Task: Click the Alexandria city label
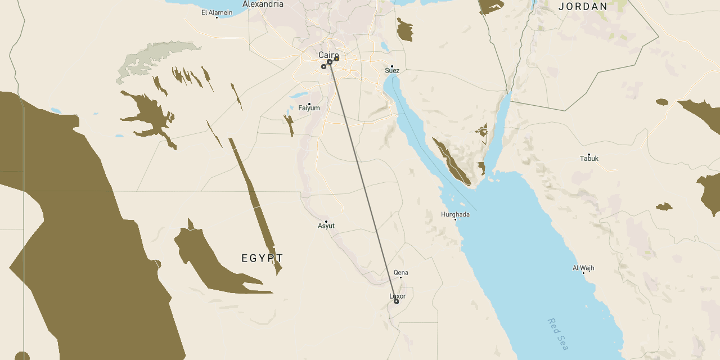pos(263,4)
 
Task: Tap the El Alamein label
pos(217,12)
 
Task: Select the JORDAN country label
pos(583,7)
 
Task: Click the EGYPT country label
pos(262,258)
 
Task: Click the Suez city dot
pos(392,66)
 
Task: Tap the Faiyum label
pos(309,108)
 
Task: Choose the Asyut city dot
pos(326,222)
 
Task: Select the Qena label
pos(401,273)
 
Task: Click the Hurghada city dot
pos(455,219)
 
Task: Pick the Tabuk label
pos(589,159)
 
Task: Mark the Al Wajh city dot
pos(583,273)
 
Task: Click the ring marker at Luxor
pos(397,301)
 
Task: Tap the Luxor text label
pos(397,296)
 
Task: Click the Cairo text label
pos(328,55)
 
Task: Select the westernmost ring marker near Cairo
pos(323,67)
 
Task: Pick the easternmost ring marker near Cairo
pos(336,58)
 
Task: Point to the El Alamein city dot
pos(217,17)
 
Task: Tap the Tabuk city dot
pos(589,155)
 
